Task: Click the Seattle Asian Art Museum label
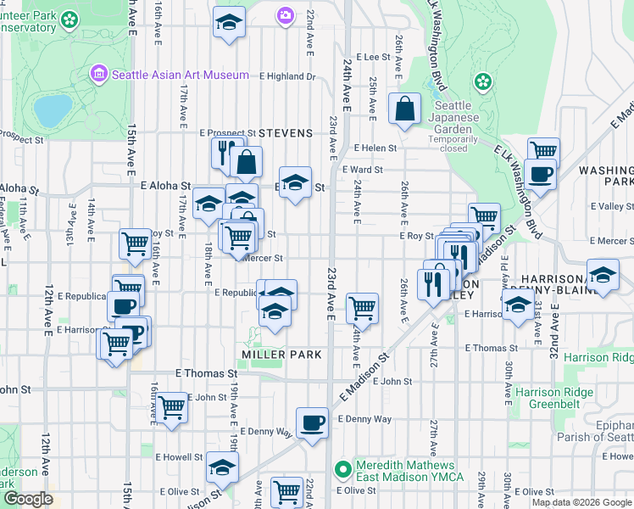181,75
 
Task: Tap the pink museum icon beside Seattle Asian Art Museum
100,75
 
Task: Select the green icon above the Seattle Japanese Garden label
483,82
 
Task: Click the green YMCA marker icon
342,467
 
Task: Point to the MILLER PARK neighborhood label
282,354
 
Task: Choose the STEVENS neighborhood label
286,133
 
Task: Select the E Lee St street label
372,57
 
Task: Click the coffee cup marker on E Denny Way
312,422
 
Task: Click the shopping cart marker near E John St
172,407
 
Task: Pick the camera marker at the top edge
286,14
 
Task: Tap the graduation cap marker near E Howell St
222,467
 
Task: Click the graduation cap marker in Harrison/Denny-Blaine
603,277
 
